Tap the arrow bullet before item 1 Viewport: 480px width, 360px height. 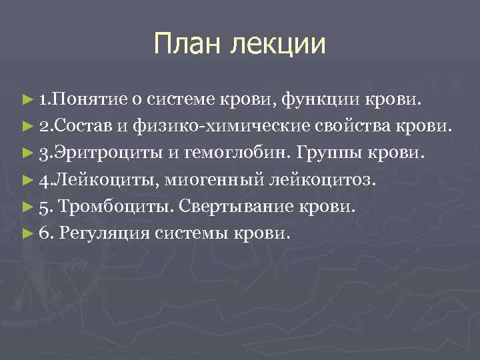click(27, 100)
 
